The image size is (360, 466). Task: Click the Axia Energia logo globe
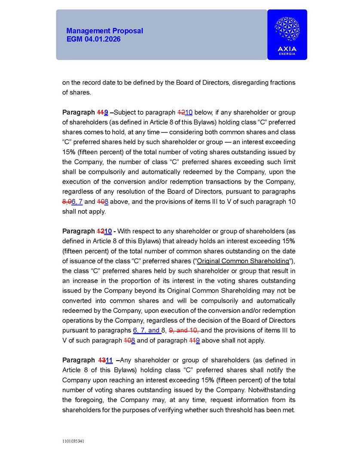(x=287, y=29)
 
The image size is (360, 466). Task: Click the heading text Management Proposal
(x=104, y=31)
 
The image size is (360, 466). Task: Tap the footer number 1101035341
(x=73, y=441)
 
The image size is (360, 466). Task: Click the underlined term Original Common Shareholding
(x=243, y=261)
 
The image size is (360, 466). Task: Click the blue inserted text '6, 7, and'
(x=146, y=331)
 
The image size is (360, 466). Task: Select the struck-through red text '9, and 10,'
(x=184, y=331)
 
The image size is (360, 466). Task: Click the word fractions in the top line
(x=279, y=83)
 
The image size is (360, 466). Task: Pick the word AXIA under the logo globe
(x=287, y=49)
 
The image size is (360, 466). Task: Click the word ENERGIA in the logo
(x=287, y=54)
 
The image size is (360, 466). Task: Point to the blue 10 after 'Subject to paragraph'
(x=189, y=113)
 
